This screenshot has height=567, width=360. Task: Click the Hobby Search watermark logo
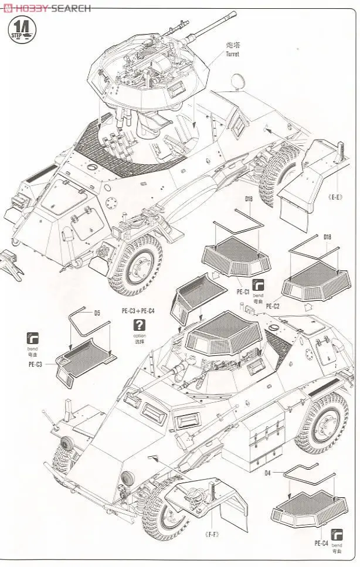pos(47,8)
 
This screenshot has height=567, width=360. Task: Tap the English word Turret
pos(232,54)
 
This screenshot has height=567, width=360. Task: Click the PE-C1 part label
pos(243,291)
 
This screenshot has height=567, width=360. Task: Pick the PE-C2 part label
pos(273,305)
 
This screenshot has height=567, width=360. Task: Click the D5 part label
pos(97,313)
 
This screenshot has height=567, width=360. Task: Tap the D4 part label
pos(267,473)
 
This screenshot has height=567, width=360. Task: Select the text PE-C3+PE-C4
pos(138,311)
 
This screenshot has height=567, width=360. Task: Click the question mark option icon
pos(139,325)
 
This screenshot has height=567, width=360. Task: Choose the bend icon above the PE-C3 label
pos(33,338)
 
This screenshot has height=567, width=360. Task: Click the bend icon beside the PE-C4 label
pos(336,534)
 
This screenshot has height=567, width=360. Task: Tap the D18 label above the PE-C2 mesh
pos(328,237)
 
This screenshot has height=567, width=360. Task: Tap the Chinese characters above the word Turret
pos(231,46)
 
